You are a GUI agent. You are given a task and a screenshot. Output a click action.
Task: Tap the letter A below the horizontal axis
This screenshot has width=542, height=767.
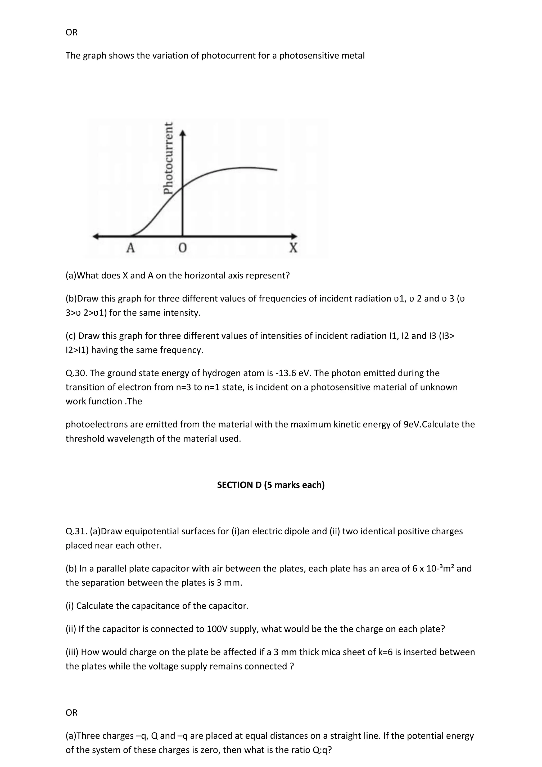tap(130, 248)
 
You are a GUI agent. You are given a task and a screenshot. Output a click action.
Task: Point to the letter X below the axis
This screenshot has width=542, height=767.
tap(293, 248)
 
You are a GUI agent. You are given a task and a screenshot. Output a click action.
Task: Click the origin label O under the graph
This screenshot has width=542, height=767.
tap(182, 248)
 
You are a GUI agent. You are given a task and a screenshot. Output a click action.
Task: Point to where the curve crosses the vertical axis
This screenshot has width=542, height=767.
tap(182, 188)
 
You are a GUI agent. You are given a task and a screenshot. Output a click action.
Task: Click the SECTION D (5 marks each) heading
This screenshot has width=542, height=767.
tap(271, 485)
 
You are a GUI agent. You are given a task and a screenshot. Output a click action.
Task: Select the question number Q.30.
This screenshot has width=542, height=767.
tap(76, 373)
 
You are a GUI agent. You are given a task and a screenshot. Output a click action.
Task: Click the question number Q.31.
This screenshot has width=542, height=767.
tap(76, 531)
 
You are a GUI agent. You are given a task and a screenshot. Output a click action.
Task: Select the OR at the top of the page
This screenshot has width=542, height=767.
tap(71, 32)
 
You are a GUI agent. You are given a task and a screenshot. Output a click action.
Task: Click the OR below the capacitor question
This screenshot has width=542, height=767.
tap(71, 712)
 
